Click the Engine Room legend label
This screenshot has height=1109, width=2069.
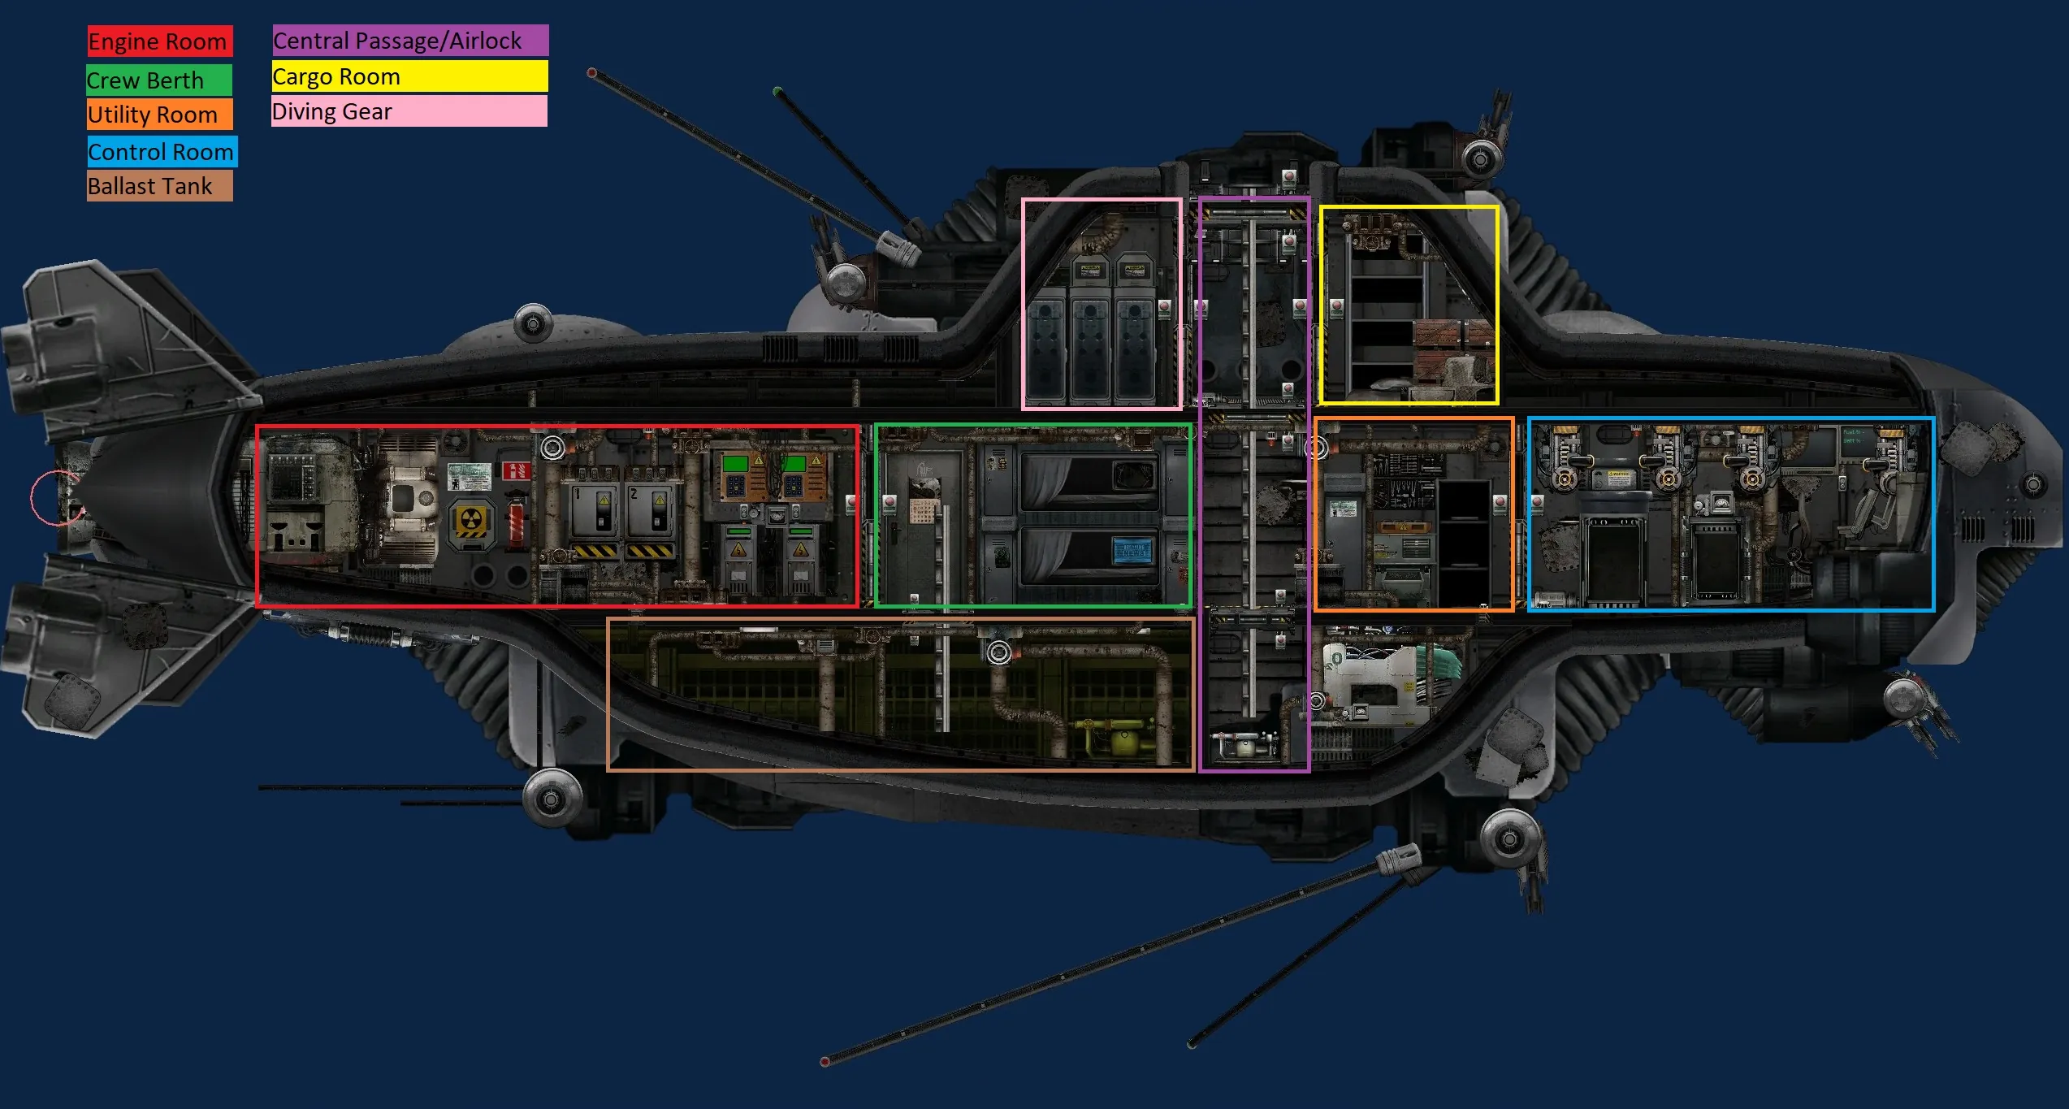(160, 41)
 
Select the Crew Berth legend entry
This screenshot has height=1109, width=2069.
(159, 80)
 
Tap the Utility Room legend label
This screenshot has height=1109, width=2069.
(160, 115)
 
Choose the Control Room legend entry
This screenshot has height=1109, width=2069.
(162, 152)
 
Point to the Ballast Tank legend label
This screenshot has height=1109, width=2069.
(160, 186)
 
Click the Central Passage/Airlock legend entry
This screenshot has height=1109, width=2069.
(410, 41)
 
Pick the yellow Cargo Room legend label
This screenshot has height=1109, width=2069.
(410, 76)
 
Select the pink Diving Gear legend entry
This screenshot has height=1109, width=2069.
(409, 111)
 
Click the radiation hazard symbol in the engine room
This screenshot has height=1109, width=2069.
(471, 522)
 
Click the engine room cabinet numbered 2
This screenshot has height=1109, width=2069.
(651, 511)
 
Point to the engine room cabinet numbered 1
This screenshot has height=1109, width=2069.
(594, 511)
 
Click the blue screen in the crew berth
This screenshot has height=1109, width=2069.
(1133, 550)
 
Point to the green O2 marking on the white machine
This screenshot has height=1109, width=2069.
(1334, 661)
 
